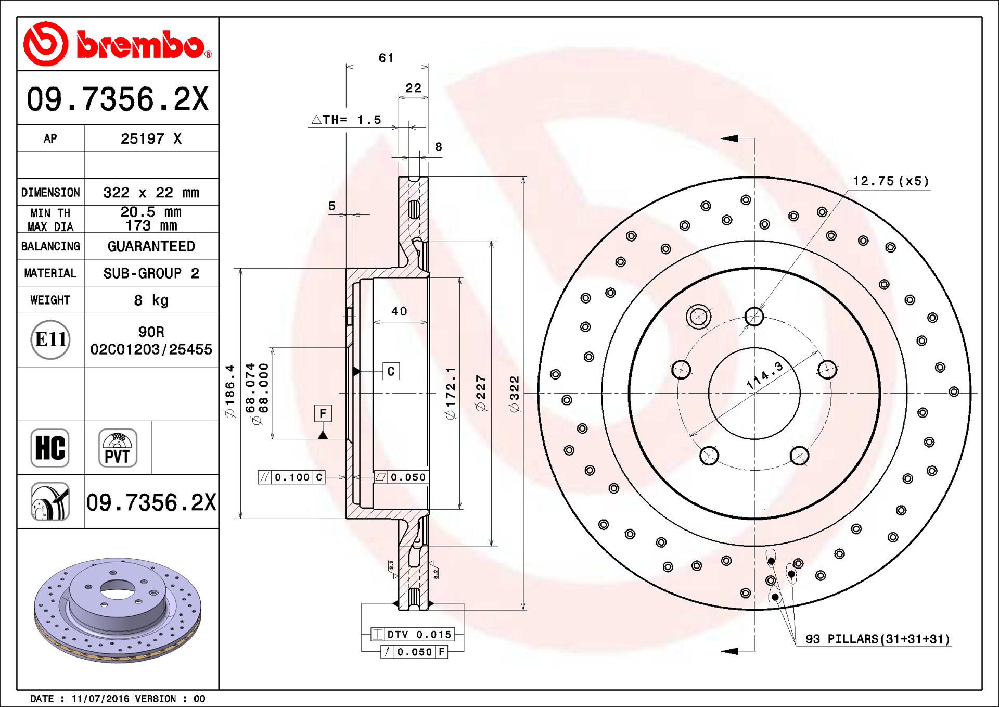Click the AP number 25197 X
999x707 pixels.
point(151,138)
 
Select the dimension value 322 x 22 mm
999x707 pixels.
point(151,193)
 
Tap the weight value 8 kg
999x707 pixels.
point(151,300)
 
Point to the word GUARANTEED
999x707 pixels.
point(151,246)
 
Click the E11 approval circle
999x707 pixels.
point(50,339)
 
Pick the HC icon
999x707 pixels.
point(50,448)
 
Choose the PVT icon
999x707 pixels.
point(118,448)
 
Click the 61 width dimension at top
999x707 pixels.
point(386,58)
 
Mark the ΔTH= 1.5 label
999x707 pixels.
point(347,120)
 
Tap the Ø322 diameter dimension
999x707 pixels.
point(515,394)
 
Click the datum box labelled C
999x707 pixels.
point(391,371)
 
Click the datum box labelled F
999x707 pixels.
point(323,413)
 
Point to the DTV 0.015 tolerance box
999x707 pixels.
point(413,634)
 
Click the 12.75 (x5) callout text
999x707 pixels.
point(890,181)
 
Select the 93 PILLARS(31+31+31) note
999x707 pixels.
point(877,639)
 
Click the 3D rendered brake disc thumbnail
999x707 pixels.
point(118,609)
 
